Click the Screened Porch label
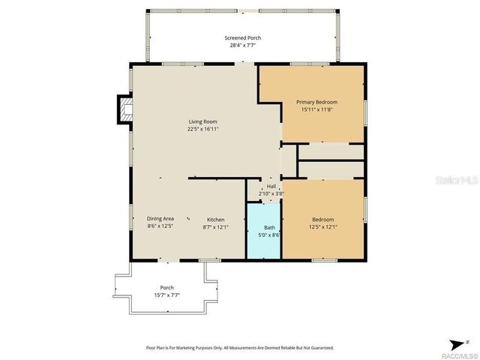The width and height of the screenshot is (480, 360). tap(243, 38)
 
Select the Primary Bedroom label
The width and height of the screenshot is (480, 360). tap(316, 102)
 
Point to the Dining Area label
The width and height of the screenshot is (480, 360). tap(160, 218)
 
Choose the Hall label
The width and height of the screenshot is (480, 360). tap(271, 187)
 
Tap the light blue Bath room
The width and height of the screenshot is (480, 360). tap(264, 240)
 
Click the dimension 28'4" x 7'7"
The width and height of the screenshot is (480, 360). tap(243, 46)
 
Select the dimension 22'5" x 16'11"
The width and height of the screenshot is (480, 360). tap(202, 129)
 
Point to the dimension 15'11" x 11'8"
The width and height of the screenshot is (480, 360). tap(316, 109)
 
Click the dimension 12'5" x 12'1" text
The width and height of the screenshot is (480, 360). tap(322, 227)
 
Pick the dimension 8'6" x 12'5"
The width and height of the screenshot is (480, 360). tap(160, 226)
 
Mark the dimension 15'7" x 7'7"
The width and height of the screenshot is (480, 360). tap(166, 295)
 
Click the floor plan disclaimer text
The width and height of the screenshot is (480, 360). tap(239, 347)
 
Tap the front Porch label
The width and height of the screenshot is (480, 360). tap(166, 287)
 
